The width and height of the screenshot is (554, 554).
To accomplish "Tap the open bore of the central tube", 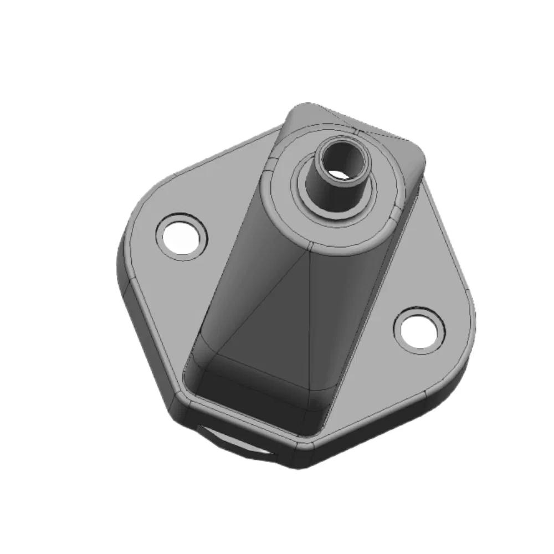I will click(345, 160).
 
